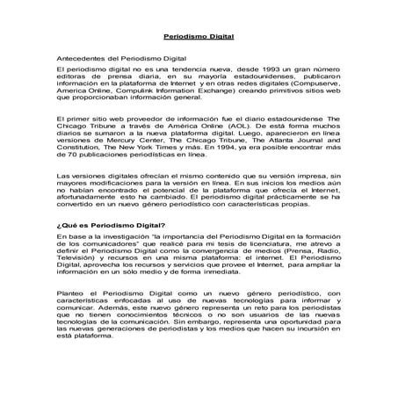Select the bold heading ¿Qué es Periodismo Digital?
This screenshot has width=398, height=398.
tap(112, 227)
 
